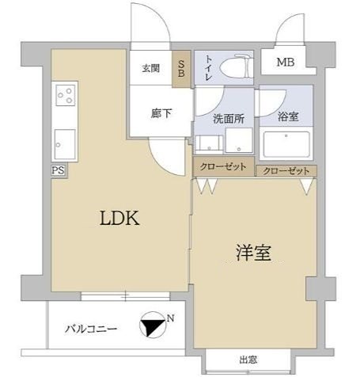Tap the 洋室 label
(253, 253)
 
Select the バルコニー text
(92, 329)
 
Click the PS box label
(58, 170)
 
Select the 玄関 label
(151, 69)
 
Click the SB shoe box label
(181, 69)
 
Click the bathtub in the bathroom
(288, 145)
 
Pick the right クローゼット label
(284, 171)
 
